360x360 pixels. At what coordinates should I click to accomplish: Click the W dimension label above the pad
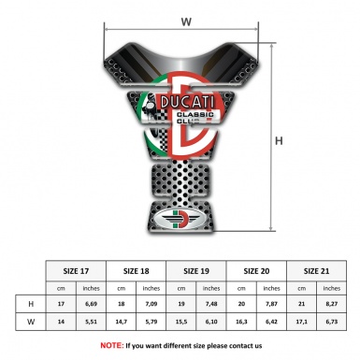186,20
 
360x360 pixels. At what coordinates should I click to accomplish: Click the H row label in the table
31,304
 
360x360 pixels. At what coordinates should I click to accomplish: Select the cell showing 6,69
92,304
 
